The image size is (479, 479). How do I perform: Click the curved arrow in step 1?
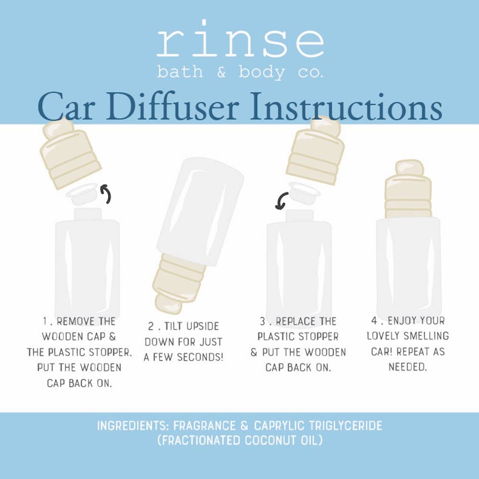(106, 194)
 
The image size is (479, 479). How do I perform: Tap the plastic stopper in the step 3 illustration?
(304, 193)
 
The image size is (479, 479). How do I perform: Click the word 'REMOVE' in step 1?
(71, 321)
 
